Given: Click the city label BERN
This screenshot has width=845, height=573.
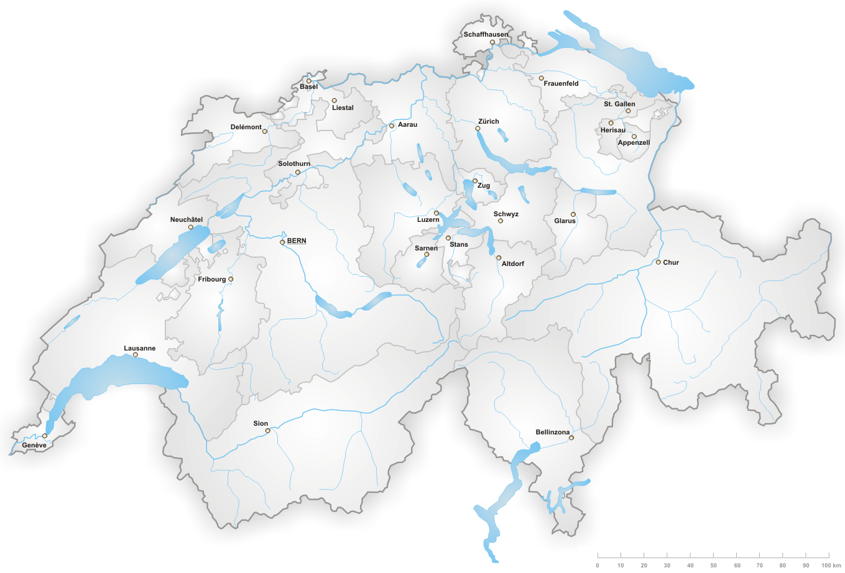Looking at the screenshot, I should (297, 241).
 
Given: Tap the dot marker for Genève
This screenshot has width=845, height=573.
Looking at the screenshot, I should (45, 436).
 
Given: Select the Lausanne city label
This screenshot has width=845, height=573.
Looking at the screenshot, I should (140, 349).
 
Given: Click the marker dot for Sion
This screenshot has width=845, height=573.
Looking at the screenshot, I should (268, 431).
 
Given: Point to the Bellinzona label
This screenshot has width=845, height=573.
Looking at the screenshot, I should (553, 433).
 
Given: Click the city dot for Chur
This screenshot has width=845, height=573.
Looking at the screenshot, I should (658, 262).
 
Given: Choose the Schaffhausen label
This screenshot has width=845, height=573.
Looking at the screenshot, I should (486, 35).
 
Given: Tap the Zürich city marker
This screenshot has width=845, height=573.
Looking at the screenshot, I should (478, 129).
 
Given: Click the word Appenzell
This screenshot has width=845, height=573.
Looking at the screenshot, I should (634, 143).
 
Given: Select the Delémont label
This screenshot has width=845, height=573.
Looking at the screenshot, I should (246, 127).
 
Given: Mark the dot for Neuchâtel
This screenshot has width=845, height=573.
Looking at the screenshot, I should (191, 227).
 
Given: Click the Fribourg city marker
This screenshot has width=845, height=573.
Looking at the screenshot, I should (231, 279).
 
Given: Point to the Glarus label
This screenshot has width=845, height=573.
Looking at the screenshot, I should (565, 221).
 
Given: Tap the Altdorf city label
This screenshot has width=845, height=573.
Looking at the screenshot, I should (513, 264).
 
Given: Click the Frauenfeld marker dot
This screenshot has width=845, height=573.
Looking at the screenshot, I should (541, 78).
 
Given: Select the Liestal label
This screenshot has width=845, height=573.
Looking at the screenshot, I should (343, 108).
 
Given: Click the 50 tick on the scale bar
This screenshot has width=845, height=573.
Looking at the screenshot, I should (713, 555).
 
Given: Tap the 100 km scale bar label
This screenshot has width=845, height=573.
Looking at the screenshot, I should (831, 566).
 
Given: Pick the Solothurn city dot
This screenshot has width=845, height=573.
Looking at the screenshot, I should (298, 172).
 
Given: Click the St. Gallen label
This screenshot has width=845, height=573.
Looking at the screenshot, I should (619, 104).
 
